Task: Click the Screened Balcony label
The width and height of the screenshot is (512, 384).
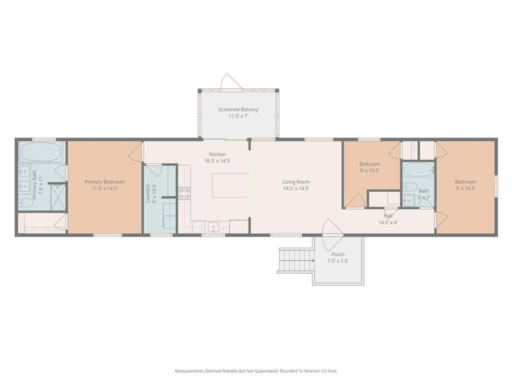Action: (238, 109)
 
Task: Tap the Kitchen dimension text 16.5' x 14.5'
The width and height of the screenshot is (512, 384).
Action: (217, 160)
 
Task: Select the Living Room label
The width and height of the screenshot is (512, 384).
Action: (296, 182)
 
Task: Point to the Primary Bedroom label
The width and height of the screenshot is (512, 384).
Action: (104, 182)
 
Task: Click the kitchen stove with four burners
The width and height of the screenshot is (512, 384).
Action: (184, 193)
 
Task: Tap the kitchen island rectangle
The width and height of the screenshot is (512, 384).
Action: (230, 185)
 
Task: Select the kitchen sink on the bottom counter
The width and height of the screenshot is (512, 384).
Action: (214, 226)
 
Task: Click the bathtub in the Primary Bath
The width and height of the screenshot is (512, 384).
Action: (41, 152)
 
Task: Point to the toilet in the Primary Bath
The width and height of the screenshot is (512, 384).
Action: (26, 203)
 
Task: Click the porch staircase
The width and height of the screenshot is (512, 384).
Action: (296, 260)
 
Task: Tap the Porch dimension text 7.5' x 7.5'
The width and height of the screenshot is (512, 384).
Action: (338, 261)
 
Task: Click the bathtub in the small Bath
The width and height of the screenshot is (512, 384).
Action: (418, 170)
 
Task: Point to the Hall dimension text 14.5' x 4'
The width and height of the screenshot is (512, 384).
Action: (388, 222)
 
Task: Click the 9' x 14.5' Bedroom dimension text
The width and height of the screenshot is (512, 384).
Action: (465, 188)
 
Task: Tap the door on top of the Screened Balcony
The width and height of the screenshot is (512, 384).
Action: (231, 81)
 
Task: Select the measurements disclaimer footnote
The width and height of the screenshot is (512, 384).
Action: (256, 371)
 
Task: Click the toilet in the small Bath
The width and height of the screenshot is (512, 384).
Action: (410, 187)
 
